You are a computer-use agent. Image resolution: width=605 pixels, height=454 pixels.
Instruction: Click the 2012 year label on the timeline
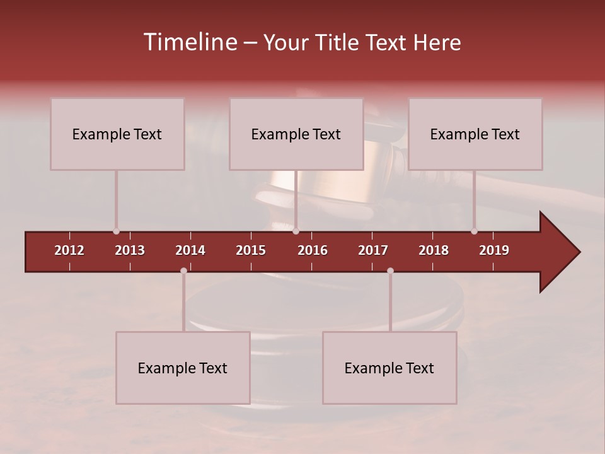69,250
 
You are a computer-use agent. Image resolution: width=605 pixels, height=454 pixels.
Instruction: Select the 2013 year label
130,250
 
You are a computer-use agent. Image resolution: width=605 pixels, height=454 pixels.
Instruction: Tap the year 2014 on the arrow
190,250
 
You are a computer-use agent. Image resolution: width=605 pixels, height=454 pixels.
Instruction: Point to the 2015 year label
251,250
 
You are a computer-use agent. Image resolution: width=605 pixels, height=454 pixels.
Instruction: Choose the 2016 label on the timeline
313,250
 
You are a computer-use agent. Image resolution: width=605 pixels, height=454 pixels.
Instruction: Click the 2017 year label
373,250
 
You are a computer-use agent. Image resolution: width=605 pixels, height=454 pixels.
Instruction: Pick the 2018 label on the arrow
434,250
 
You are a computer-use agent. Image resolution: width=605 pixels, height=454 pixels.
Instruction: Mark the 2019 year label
494,250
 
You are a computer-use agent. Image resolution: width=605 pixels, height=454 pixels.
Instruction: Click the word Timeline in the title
190,42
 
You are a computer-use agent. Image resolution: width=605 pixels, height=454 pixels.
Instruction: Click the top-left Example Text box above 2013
117,134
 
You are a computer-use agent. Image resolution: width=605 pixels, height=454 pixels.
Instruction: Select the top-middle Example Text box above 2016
296,134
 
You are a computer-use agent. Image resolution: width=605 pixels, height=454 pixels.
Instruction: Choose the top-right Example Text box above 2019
475,134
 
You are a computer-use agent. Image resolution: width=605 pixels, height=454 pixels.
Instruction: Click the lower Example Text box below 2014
183,368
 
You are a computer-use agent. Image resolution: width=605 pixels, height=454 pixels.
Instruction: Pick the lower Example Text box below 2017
389,368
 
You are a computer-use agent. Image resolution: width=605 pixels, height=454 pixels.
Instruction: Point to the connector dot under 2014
183,271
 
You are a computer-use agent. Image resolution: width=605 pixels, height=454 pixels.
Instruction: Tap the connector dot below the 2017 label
390,271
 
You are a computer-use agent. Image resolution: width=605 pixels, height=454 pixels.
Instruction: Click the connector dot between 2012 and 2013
116,231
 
